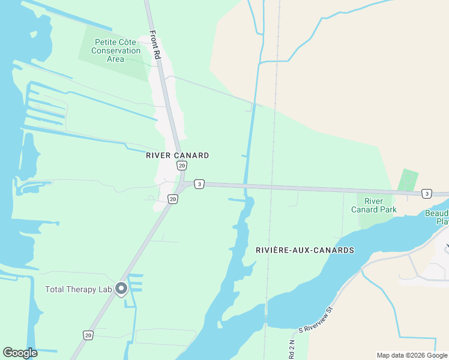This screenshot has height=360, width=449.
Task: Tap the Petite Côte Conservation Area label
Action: [x=116, y=50]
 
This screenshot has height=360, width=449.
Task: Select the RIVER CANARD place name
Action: [x=178, y=155]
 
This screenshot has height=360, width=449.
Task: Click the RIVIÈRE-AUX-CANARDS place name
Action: [x=304, y=250]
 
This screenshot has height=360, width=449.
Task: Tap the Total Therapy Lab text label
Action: [x=79, y=289]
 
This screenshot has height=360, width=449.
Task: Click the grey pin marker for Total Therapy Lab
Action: [x=121, y=289]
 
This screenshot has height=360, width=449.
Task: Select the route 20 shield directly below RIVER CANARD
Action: [x=181, y=165]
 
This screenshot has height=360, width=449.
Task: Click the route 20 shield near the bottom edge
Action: [x=88, y=335]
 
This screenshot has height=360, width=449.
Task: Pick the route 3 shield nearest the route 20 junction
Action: [x=199, y=184]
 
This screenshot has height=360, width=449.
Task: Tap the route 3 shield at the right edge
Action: [x=426, y=193]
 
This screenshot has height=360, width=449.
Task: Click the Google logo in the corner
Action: [x=20, y=353]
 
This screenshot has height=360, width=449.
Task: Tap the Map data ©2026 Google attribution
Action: [x=411, y=355]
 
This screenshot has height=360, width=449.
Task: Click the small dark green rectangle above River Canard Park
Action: [x=408, y=180]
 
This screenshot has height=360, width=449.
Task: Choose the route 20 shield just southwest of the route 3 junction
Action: [x=173, y=199]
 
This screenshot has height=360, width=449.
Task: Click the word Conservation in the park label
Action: [x=116, y=50]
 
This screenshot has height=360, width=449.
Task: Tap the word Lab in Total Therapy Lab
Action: [x=105, y=289]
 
